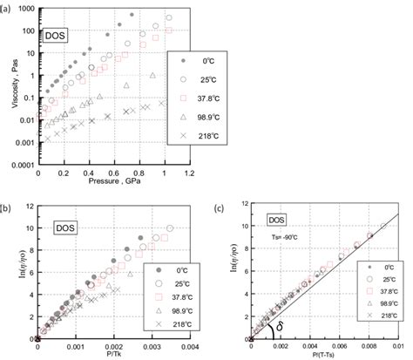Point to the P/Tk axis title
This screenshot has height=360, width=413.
click(x=108, y=353)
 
